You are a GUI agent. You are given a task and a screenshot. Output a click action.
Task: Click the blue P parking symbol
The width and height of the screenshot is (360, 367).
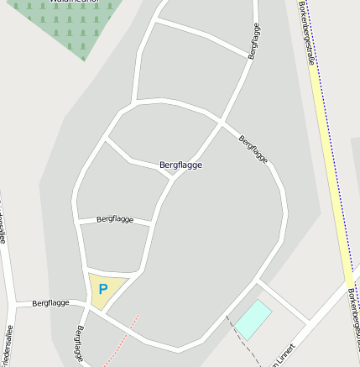pyautogui.click(x=102, y=289)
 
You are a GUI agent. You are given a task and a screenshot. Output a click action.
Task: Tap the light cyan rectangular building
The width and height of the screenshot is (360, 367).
pyautogui.click(x=253, y=319)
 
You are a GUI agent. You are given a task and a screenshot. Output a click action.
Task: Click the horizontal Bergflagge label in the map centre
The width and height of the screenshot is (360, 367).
pyautogui.click(x=180, y=165)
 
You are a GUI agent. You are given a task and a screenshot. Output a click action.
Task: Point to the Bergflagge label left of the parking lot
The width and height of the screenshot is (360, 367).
pyautogui.click(x=50, y=302)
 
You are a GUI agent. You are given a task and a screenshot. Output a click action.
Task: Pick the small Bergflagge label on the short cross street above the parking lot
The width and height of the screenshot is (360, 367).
pyautogui.click(x=115, y=219)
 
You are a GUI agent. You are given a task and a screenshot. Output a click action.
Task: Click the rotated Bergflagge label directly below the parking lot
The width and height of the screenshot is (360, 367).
pyautogui.click(x=81, y=345)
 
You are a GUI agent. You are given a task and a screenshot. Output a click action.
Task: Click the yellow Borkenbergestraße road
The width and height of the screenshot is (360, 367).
pyautogui.click(x=331, y=168)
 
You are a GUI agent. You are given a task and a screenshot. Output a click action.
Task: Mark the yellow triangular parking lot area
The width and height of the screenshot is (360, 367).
pyautogui.click(x=105, y=288)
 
